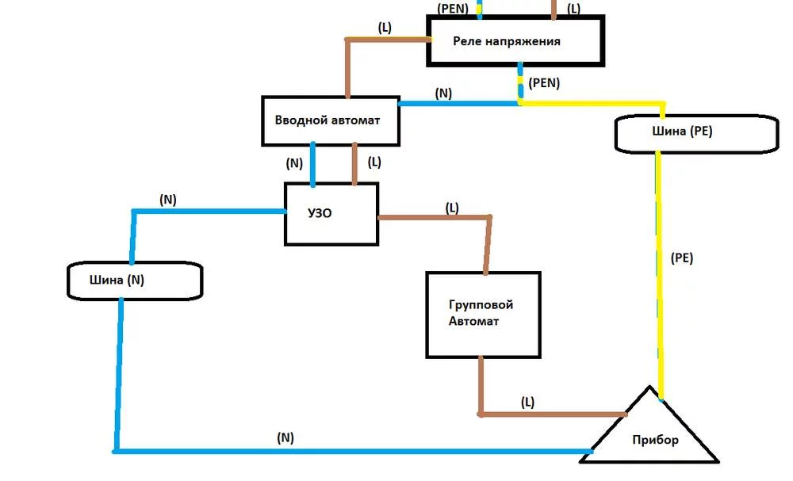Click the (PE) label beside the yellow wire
(682, 258)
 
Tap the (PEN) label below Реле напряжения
(544, 83)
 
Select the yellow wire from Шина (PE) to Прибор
(659, 275)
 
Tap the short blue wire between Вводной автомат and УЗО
(312, 165)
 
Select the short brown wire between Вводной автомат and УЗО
(354, 164)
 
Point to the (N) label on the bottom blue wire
(285, 437)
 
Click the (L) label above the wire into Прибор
(527, 403)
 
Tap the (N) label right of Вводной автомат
(443, 93)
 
